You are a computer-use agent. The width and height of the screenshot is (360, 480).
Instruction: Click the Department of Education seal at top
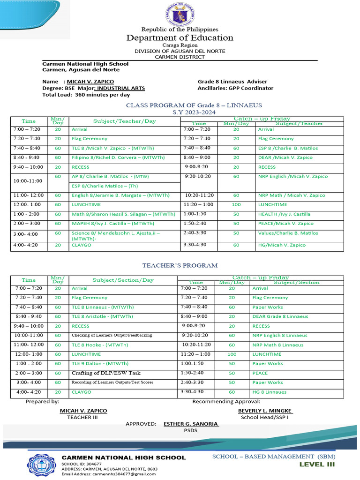click(x=180, y=14)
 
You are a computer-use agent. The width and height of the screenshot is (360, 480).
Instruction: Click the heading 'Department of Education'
click(x=180, y=38)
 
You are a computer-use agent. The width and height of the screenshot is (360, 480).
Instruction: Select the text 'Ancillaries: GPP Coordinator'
click(x=235, y=88)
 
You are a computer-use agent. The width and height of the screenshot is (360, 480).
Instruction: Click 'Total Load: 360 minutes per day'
click(x=86, y=95)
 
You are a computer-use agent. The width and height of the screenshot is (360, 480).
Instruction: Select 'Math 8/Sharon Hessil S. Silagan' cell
click(x=123, y=214)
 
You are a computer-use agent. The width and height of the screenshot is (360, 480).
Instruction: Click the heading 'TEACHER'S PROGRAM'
click(x=180, y=266)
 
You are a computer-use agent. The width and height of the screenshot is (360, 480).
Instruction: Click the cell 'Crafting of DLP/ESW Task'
click(x=105, y=373)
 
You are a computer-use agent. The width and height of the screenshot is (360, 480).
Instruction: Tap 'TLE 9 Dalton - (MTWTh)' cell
click(x=100, y=364)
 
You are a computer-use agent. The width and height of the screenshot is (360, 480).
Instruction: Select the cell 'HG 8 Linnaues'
click(x=269, y=392)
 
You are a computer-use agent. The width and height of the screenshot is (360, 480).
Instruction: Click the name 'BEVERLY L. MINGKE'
click(x=265, y=411)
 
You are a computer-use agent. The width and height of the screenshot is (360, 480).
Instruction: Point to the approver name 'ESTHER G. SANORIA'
click(x=191, y=424)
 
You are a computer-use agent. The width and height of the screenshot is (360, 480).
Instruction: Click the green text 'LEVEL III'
click(x=317, y=465)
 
